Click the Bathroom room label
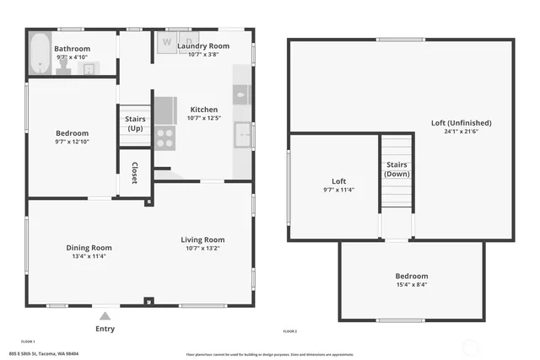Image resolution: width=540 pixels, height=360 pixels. pos(73,49)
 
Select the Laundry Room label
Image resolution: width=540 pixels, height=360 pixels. pos(203,46)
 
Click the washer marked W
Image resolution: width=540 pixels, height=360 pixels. pos(167,41)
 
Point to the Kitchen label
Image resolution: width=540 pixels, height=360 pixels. pos(203,110)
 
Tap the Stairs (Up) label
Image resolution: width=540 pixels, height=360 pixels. pos(135,124)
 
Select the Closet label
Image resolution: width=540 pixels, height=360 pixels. pos(134,173)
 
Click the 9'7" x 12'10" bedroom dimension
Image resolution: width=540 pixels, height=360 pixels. pos(73,142)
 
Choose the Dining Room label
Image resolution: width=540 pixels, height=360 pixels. pos(89,248)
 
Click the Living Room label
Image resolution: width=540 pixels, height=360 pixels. pos(203,240)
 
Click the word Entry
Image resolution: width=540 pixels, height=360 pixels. pos(105,329)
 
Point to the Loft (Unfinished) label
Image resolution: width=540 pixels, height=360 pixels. pos(461,123)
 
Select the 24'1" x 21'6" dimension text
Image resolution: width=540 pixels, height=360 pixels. pos(461,132)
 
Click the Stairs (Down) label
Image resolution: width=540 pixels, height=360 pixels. pos(397,169)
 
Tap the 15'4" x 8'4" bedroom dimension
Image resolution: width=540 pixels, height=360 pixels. pos(412,285)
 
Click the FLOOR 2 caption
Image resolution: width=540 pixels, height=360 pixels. pos(289,332)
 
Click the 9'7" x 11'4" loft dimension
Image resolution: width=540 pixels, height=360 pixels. pos(338,190)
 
